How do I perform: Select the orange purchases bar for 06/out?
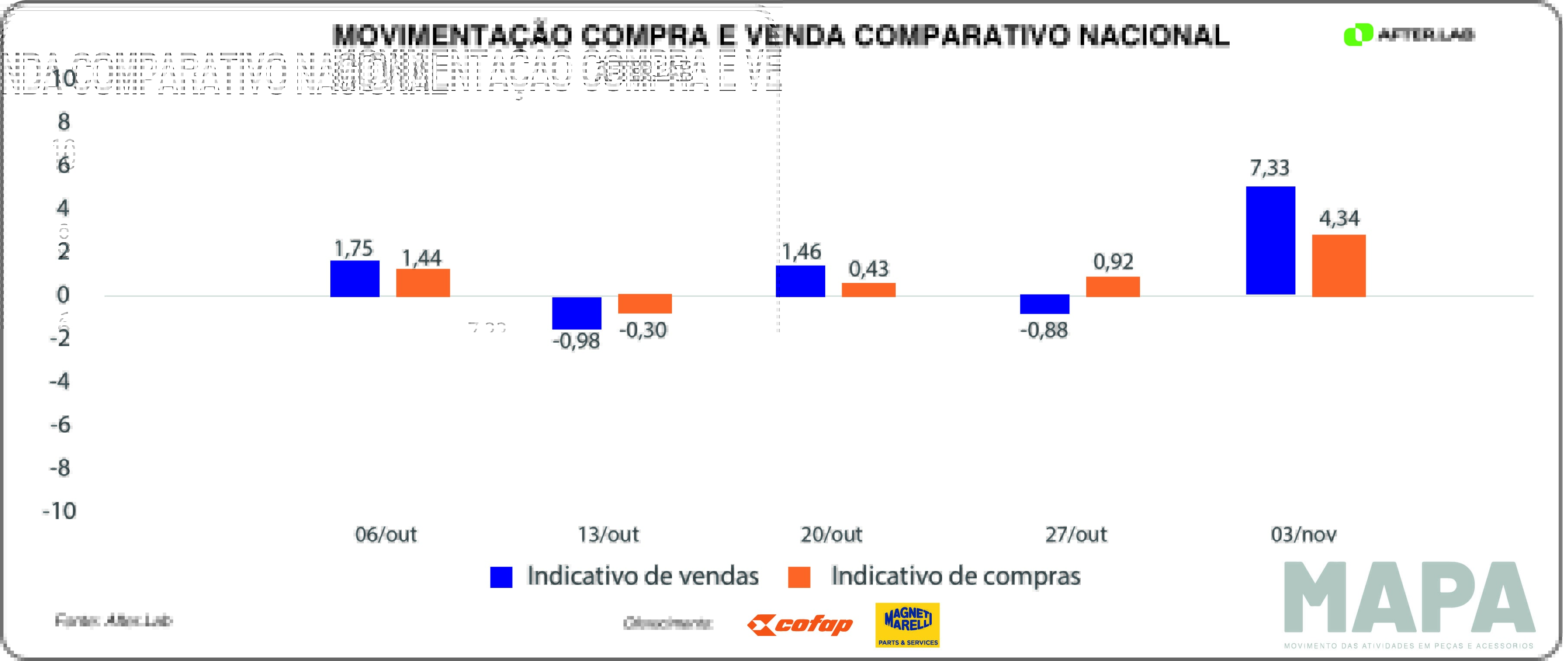click(x=423, y=282)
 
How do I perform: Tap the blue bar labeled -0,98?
click(x=576, y=313)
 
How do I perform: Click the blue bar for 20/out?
click(x=800, y=281)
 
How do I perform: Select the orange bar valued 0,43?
click(x=868, y=290)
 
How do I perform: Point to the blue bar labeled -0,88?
click(x=1044, y=304)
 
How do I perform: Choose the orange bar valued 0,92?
click(x=1113, y=286)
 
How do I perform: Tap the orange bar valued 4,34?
click(x=1338, y=266)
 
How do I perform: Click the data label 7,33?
click(x=1269, y=167)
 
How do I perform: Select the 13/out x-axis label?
click(x=608, y=534)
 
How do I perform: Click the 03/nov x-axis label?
click(x=1303, y=534)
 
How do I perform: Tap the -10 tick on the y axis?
click(x=59, y=510)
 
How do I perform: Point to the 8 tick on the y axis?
click(x=64, y=122)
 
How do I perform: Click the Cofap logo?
click(x=800, y=625)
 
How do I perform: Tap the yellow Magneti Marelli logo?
click(x=907, y=625)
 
